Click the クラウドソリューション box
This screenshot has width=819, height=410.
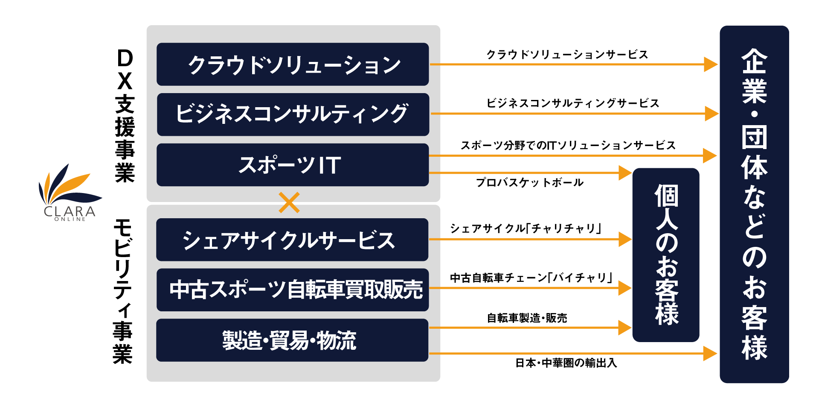[x=293, y=64]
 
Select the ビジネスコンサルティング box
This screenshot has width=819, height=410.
[x=293, y=114]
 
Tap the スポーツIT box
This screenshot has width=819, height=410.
[x=293, y=165]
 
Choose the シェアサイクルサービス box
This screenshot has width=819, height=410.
[x=292, y=240]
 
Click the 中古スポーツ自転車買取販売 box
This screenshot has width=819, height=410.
[x=293, y=290]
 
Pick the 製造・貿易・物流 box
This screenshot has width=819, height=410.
[x=292, y=340]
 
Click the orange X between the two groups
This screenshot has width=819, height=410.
[x=289, y=202]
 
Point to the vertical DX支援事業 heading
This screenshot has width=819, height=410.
[x=125, y=116]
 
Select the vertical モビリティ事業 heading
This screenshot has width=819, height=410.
[x=123, y=291]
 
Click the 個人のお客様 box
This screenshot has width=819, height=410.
[x=666, y=255]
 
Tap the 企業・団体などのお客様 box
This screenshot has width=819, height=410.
[x=754, y=204]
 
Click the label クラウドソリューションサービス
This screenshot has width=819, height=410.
[x=567, y=55]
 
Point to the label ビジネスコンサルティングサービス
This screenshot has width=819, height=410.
[x=573, y=103]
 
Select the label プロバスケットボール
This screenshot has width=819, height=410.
[x=530, y=183]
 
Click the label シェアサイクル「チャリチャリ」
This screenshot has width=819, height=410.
[x=526, y=228]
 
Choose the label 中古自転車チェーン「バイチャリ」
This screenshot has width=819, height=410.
[x=531, y=278]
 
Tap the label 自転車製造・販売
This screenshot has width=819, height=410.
[x=527, y=318]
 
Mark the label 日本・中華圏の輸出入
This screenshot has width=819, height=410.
[x=566, y=363]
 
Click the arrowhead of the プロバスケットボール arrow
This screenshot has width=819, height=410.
[x=625, y=173]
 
